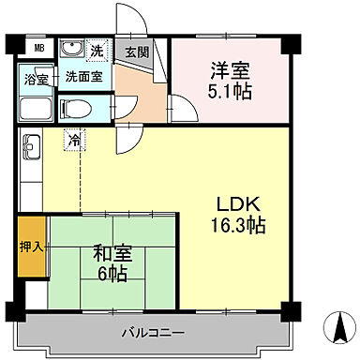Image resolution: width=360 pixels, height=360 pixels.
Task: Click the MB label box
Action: click(x=38, y=49)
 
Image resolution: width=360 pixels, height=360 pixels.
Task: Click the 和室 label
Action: click(x=111, y=252)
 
